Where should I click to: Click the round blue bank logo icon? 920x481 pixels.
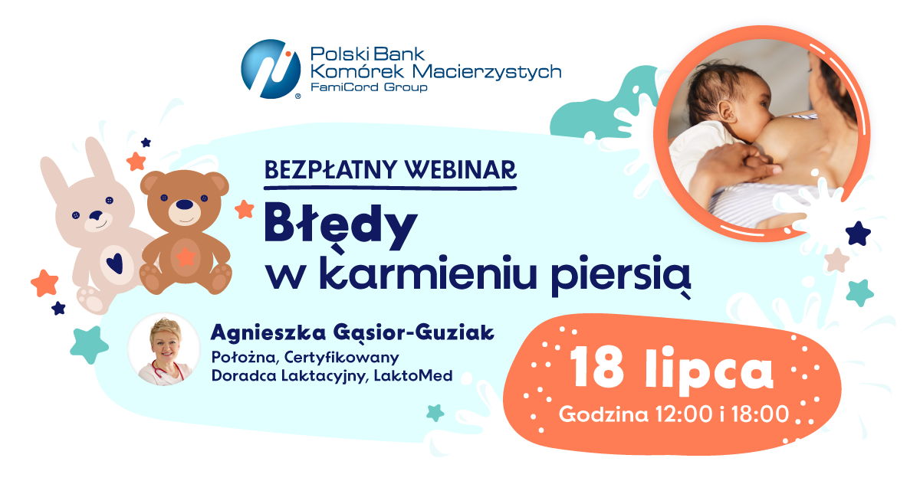pyautogui.click(x=271, y=69)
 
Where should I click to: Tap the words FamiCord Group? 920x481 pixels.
pyautogui.click(x=369, y=87)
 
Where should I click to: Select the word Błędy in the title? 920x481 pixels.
pyautogui.click(x=340, y=227)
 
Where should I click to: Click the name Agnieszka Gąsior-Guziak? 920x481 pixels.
pyautogui.click(x=353, y=333)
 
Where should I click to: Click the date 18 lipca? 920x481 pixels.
pyautogui.click(x=671, y=368)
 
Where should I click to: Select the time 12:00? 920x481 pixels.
pyautogui.click(x=683, y=414)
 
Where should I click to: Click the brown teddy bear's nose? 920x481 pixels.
pyautogui.click(x=185, y=205)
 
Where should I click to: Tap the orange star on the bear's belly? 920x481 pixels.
pyautogui.click(x=185, y=257)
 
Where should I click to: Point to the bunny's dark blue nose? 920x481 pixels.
pyautogui.click(x=97, y=215)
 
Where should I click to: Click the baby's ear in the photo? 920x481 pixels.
pyautogui.click(x=728, y=113)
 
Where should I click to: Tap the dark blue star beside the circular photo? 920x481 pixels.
pyautogui.click(x=858, y=234)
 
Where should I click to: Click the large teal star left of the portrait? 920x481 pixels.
pyautogui.click(x=89, y=345)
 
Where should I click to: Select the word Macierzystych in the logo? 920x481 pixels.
pyautogui.click(x=487, y=71)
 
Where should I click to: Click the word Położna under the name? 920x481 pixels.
pyautogui.click(x=244, y=358)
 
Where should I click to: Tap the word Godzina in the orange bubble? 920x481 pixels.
pyautogui.click(x=603, y=414)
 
